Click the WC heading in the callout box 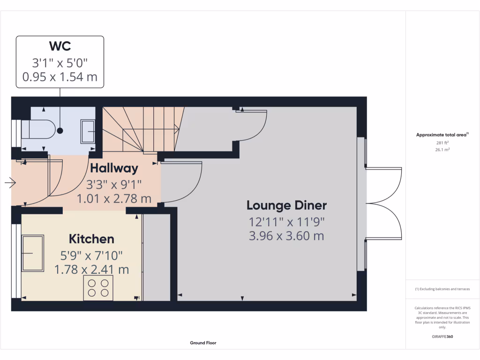(x=60, y=46)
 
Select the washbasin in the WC (x=88, y=131)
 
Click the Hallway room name (x=114, y=168)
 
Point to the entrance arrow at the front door (x=10, y=183)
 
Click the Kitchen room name (x=91, y=239)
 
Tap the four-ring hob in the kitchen (x=98, y=288)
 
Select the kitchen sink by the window (x=32, y=253)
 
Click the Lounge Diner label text (x=286, y=205)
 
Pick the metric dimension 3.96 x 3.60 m (x=286, y=235)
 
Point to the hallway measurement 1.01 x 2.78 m (x=114, y=199)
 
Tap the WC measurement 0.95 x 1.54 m (x=60, y=77)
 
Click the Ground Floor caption (x=203, y=343)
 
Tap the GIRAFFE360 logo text (x=442, y=337)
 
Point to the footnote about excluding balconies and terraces (x=442, y=289)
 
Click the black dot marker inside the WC (x=60, y=131)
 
